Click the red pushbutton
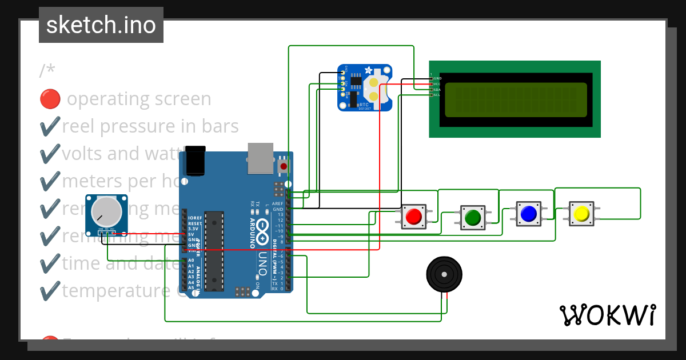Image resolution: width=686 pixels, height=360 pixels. (x=413, y=217)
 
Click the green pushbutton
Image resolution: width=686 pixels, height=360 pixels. (x=473, y=217)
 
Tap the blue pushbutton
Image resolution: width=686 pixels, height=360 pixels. (x=528, y=213)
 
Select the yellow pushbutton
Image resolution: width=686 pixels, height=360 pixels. (x=581, y=214)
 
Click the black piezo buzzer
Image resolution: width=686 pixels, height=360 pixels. (x=444, y=274)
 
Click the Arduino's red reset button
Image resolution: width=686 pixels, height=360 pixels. (x=284, y=166)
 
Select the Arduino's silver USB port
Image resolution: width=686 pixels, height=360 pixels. (x=260, y=158)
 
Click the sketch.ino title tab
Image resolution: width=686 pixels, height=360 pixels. (x=101, y=25)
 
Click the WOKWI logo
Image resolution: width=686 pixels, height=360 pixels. (x=608, y=315)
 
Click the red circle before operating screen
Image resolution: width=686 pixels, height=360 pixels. (x=50, y=99)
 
